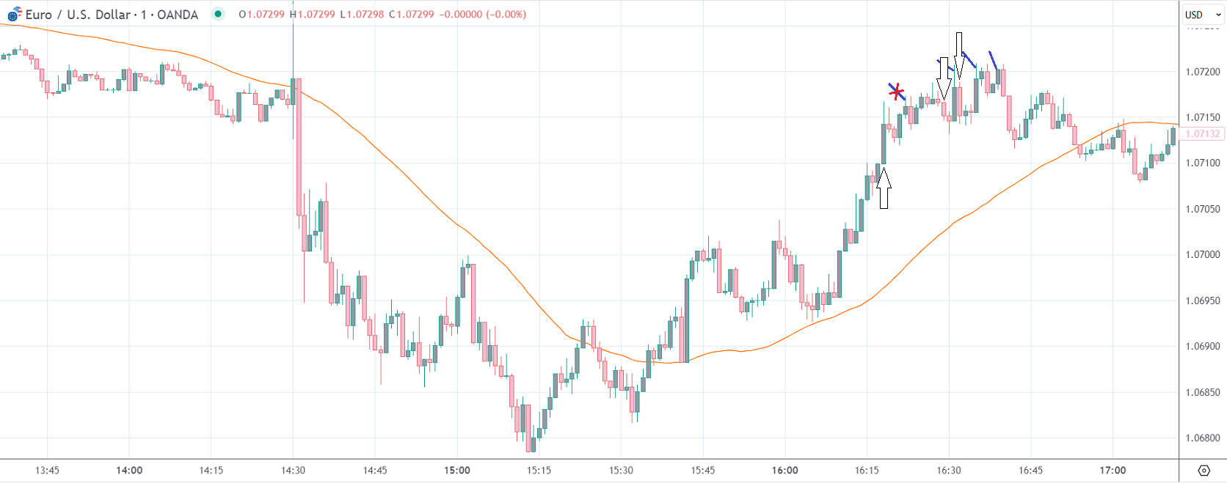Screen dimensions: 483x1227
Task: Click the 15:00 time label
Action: pyautogui.click(x=456, y=471)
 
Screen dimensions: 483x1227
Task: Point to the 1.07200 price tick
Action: pyautogui.click(x=1203, y=72)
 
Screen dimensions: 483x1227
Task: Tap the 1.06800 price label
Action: pyautogui.click(x=1203, y=438)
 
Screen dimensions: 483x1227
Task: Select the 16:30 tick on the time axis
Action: pyautogui.click(x=948, y=471)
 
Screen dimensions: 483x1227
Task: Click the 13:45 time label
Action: pyautogui.click(x=47, y=471)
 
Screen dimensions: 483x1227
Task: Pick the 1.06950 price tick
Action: pyautogui.click(x=1203, y=301)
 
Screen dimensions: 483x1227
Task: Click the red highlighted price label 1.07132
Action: pyautogui.click(x=1203, y=134)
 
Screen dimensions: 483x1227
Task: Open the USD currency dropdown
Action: pyautogui.click(x=1202, y=15)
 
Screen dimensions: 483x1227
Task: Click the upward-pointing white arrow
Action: pyautogui.click(x=884, y=188)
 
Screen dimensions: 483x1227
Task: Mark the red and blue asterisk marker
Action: pyautogui.click(x=896, y=92)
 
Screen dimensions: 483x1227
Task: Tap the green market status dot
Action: pyautogui.click(x=218, y=14)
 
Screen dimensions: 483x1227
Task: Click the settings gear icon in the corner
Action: pyautogui.click(x=1204, y=471)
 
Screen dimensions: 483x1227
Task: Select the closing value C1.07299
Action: pyautogui.click(x=412, y=15)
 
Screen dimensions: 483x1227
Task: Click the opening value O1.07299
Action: pyautogui.click(x=261, y=15)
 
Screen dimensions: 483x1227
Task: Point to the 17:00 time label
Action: pyautogui.click(x=1113, y=471)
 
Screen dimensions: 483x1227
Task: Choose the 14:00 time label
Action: pyautogui.click(x=129, y=471)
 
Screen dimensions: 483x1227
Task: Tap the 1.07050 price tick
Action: pyautogui.click(x=1203, y=209)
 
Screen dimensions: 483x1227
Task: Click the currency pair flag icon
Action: pyautogui.click(x=14, y=14)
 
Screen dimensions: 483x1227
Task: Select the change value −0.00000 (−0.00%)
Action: pyautogui.click(x=482, y=15)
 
